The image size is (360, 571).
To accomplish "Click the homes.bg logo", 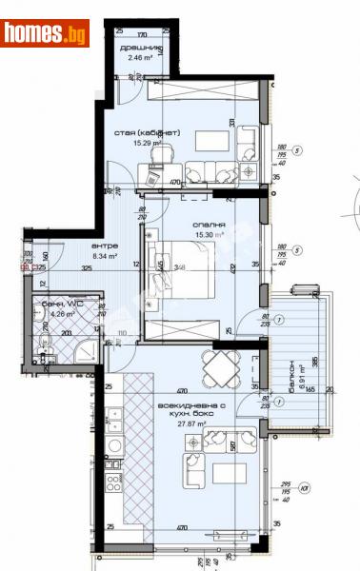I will coord(45,33).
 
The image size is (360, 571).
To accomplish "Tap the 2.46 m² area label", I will coord(138,58).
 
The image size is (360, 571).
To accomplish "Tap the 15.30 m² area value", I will coord(182,234).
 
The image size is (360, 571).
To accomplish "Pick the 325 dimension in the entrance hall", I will coord(87,269).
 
